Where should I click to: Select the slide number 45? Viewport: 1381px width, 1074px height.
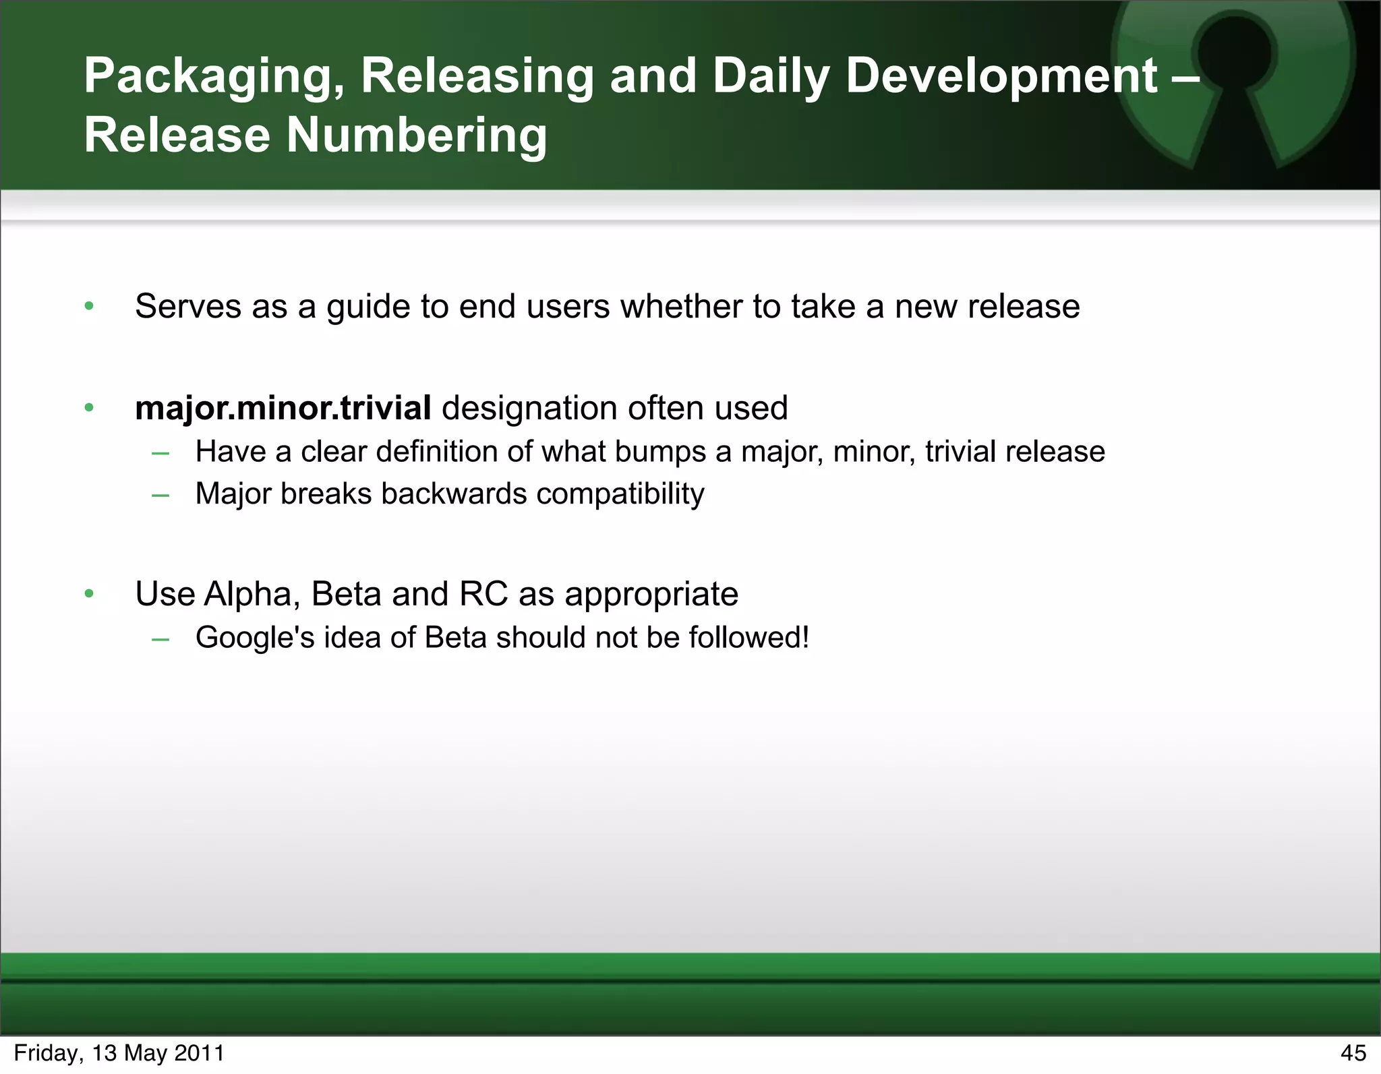point(1353,1053)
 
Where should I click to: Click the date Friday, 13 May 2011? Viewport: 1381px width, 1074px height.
point(119,1053)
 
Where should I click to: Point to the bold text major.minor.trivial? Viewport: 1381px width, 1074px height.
point(283,409)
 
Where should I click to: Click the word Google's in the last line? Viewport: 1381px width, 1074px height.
point(255,638)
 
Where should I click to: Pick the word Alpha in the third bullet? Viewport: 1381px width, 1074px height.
point(252,595)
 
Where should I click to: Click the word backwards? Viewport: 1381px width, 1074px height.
point(454,494)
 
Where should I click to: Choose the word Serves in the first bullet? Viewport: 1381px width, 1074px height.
point(188,307)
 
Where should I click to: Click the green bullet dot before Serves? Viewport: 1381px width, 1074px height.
point(89,307)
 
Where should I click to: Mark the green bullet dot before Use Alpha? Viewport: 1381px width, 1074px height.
point(89,595)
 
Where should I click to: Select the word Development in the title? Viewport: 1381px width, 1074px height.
point(1001,76)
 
